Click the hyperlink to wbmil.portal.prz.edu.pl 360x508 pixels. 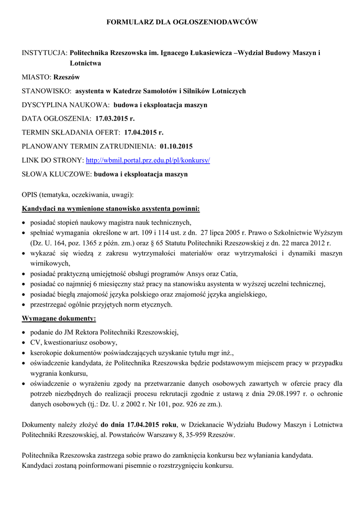pyautogui.click(x=148, y=161)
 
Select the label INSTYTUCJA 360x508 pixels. pyautogui.click(x=45, y=52)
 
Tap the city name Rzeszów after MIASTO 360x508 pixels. pyautogui.click(x=67, y=77)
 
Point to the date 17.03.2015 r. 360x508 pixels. pyautogui.click(x=115, y=119)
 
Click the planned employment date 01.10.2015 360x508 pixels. pyautogui.click(x=176, y=146)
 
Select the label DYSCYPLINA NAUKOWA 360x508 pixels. pyautogui.click(x=66, y=105)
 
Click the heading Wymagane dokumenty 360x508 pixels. pyautogui.click(x=59, y=318)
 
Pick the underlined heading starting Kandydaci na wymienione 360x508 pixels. pyautogui.click(x=111, y=209)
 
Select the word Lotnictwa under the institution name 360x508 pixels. pyautogui.click(x=85, y=63)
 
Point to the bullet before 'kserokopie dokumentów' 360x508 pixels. pyautogui.click(x=25, y=353)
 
